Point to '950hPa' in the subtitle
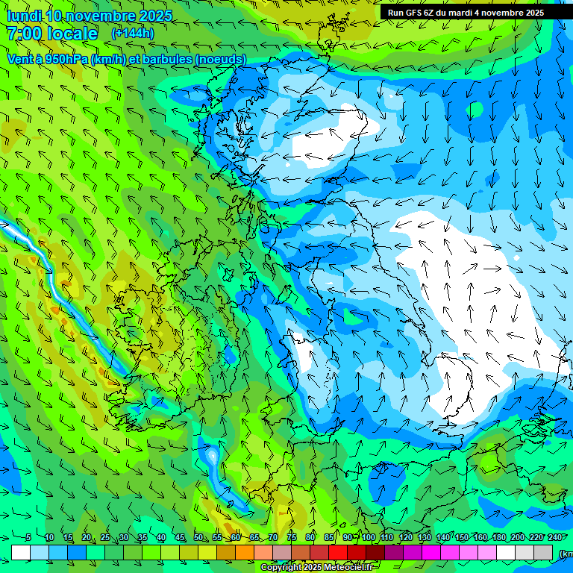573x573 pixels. (66, 59)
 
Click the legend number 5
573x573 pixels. (28, 538)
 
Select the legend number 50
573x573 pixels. (198, 538)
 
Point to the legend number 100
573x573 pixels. (368, 538)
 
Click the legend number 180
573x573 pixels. (498, 538)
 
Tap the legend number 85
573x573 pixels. (329, 538)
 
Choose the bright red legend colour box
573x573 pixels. (338, 552)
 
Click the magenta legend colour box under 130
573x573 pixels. (431, 552)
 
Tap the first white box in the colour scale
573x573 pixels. (21, 552)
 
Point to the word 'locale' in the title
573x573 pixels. (72, 34)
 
